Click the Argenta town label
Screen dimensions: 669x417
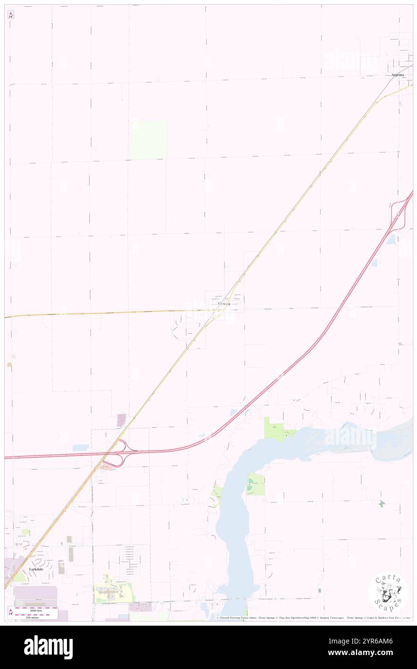(398, 75)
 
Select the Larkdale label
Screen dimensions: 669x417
(38, 569)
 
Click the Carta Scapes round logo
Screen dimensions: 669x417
(389, 593)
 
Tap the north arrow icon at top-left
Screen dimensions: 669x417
(11, 14)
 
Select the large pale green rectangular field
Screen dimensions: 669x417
(149, 140)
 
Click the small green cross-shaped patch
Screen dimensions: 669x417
(382, 504)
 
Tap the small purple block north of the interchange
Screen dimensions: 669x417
(121, 420)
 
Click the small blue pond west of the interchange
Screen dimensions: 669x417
(80, 448)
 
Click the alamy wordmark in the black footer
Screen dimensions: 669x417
(48, 647)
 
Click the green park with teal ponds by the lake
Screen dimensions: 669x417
(256, 484)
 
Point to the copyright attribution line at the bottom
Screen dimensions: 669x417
(313, 618)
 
